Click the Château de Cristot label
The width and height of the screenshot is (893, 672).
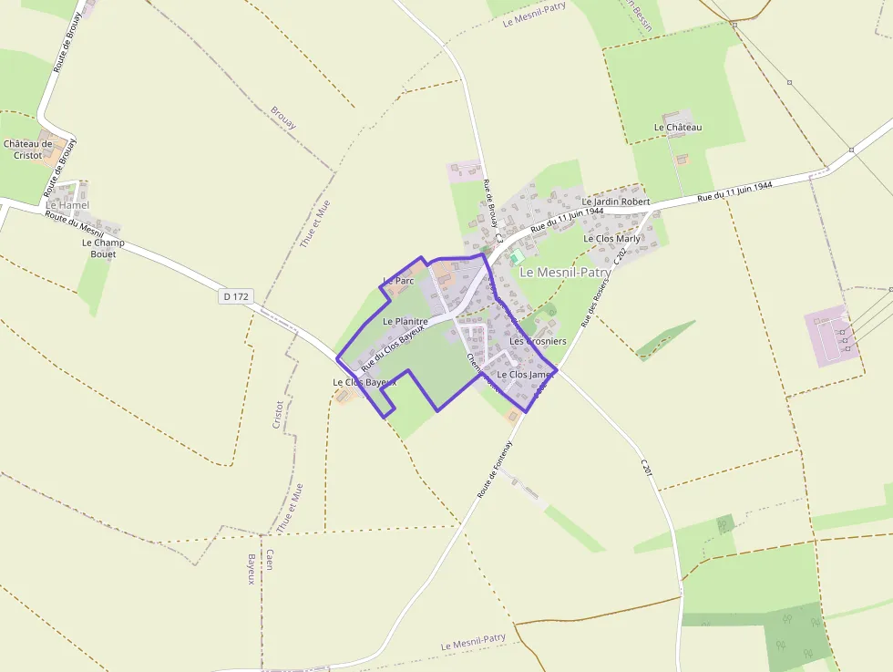(x=28, y=150)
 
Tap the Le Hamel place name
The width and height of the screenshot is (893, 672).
(x=67, y=205)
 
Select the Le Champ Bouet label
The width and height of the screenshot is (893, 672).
(x=104, y=248)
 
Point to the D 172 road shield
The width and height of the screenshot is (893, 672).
(x=235, y=296)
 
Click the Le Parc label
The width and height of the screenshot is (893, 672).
(x=399, y=281)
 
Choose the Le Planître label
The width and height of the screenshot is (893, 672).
(x=405, y=322)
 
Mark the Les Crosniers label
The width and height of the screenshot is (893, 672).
(x=538, y=341)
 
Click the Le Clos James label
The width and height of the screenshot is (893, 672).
(x=525, y=375)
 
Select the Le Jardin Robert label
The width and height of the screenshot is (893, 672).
(x=616, y=201)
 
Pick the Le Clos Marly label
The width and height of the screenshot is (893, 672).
(x=611, y=239)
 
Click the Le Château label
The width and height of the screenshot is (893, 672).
(x=678, y=128)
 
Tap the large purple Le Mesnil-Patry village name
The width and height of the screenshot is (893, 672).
(x=565, y=272)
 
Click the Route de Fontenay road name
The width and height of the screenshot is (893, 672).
(x=496, y=469)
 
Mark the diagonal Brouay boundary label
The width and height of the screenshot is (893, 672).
(x=283, y=118)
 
